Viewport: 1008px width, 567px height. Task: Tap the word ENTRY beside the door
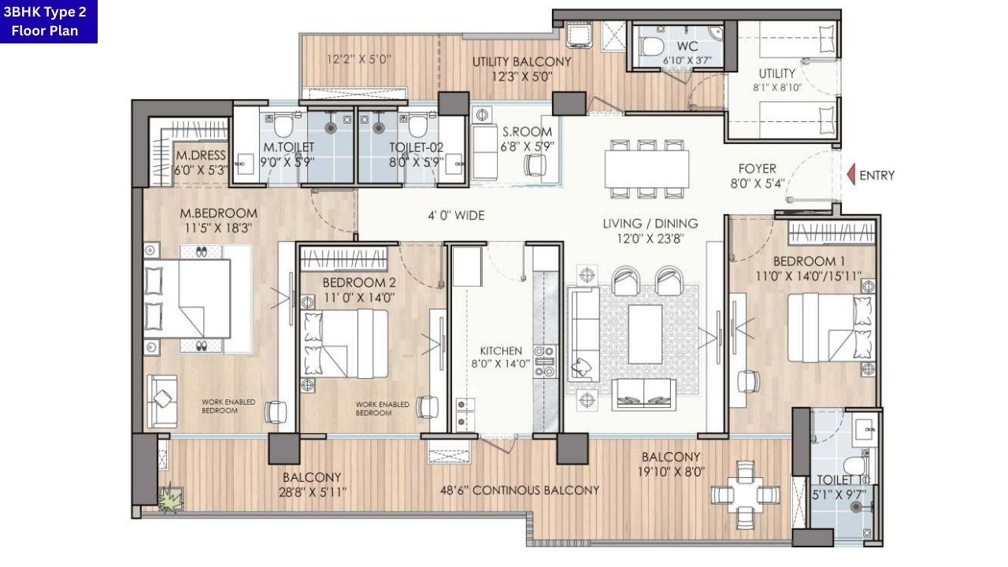click(876, 175)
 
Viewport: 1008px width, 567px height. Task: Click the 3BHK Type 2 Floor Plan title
click(49, 21)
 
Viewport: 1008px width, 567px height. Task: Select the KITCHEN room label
click(501, 350)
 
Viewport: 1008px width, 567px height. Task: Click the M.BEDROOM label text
click(218, 213)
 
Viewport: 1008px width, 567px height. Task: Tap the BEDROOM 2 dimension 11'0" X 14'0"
click(358, 298)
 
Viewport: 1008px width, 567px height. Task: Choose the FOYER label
click(757, 169)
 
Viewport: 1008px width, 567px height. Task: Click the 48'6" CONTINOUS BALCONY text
click(520, 490)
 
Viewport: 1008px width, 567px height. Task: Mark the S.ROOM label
click(528, 132)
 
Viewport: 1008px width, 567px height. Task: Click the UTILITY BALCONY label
click(521, 62)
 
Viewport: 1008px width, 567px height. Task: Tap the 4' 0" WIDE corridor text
click(456, 215)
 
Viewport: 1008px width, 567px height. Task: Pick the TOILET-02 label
click(416, 147)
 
